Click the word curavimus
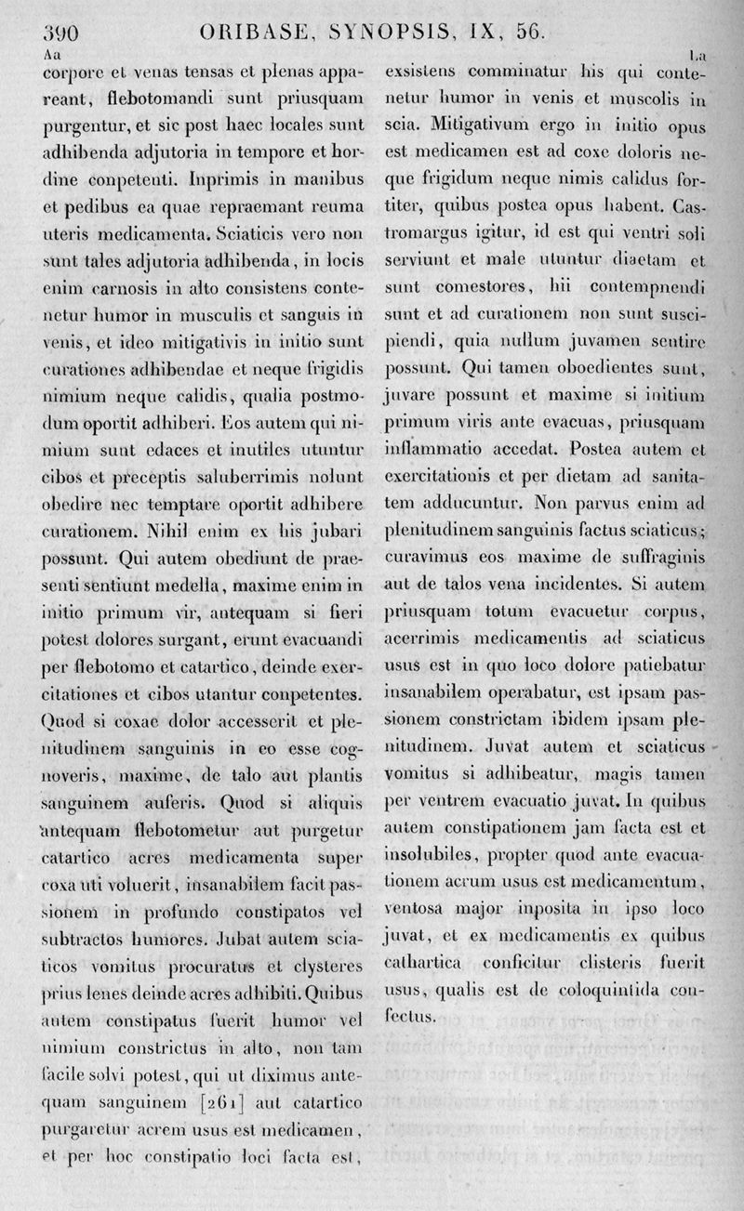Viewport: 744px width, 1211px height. [424, 558]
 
